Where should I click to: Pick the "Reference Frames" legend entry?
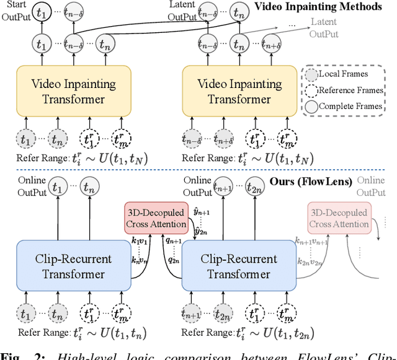coord(347,90)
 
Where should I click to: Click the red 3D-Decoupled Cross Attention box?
coord(156,218)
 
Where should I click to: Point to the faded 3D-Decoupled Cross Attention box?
coord(338,218)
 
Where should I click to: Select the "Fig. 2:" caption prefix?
coord(15,356)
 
